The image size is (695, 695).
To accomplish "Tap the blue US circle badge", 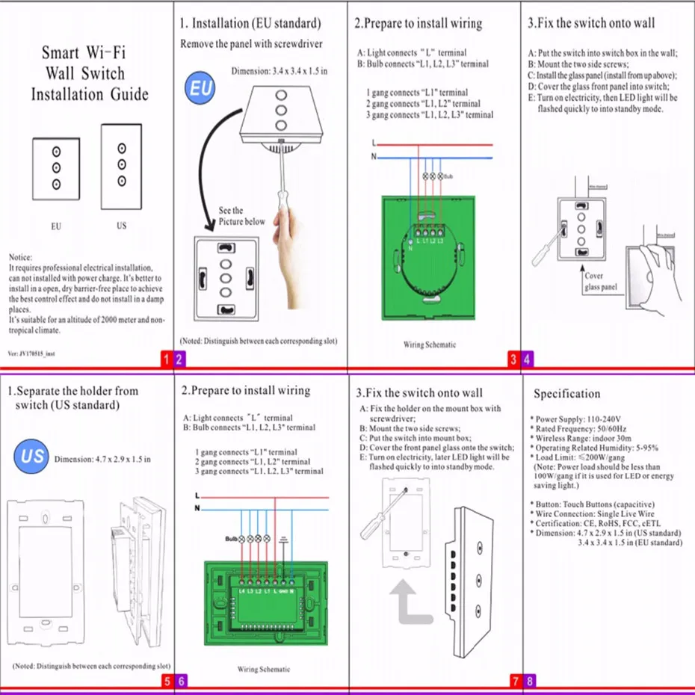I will point(32,454).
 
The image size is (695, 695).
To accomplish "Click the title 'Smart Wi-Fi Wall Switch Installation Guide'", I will point(90,73).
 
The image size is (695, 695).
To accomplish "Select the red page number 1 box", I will point(167,359).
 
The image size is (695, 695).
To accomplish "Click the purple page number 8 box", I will point(529,681).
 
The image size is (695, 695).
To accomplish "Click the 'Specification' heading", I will point(566,394).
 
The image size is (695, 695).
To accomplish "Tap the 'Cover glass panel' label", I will point(601,281).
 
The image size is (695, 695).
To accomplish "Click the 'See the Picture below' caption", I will point(241,216).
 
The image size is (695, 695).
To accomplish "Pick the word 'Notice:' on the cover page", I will point(20,256).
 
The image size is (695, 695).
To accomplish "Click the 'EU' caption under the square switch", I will point(56,226).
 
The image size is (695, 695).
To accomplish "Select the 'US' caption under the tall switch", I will point(121,226).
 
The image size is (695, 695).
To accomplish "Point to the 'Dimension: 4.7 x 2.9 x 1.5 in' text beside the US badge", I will point(102,459).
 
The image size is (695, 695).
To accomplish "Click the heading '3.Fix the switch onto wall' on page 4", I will point(591,23).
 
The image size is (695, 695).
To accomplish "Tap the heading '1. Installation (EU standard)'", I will point(250,24).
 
